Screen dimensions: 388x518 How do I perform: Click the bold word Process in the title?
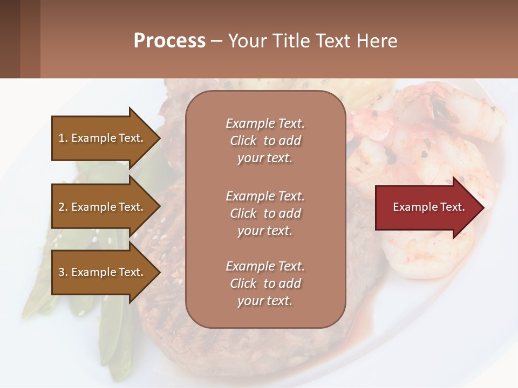[169, 40]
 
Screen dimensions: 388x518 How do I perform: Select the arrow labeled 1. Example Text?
[103, 138]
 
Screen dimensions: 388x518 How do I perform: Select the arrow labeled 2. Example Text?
[103, 207]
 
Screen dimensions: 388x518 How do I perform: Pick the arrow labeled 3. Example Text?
[103, 272]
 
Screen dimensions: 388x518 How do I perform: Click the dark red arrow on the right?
[426, 207]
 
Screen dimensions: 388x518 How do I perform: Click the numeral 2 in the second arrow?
[62, 207]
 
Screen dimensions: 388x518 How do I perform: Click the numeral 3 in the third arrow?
[62, 272]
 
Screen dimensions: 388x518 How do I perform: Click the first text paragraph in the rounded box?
[265, 141]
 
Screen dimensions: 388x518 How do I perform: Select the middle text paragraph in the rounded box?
[265, 213]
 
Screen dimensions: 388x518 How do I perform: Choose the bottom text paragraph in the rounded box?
[265, 283]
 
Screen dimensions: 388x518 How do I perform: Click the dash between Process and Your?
[216, 41]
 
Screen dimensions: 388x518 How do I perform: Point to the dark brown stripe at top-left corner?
[10, 39]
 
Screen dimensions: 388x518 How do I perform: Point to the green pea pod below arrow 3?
[116, 334]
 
